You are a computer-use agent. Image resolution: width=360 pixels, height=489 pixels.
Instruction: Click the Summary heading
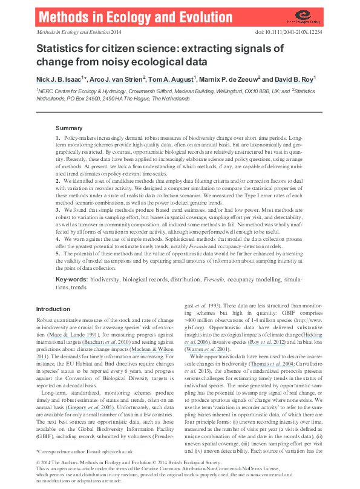tap(69, 128)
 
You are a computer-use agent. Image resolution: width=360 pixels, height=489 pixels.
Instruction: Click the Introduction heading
tap(53, 309)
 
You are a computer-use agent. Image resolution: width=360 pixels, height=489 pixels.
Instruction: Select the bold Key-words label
tap(71, 280)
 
